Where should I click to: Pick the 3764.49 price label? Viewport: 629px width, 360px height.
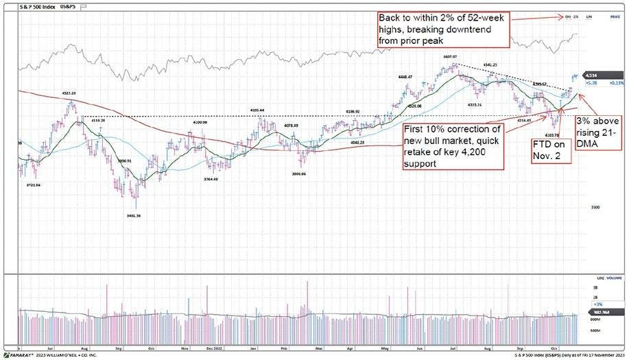(x=215, y=180)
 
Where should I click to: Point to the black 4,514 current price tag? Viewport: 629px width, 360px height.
(x=591, y=76)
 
